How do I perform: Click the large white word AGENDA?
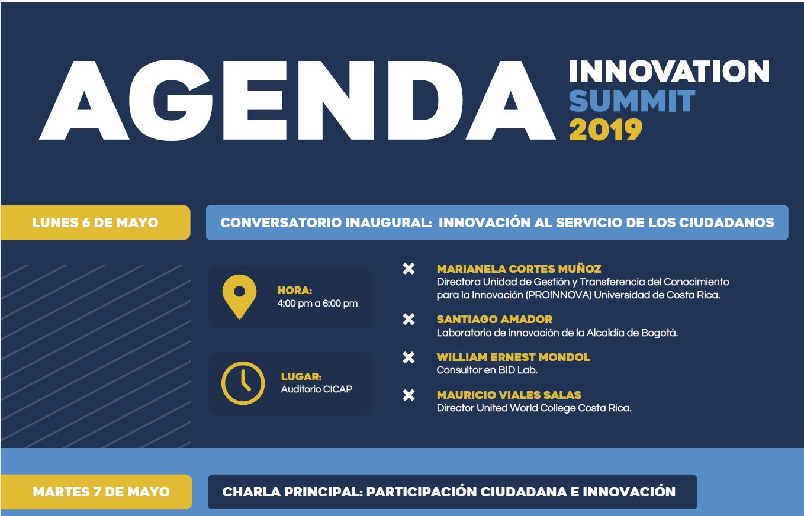pos(297,100)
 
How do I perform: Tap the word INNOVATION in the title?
pos(669,72)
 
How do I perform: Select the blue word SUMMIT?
pos(632,101)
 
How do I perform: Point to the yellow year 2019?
pos(606,130)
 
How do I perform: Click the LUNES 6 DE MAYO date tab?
pos(95,222)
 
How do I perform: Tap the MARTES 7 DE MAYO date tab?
pos(96,492)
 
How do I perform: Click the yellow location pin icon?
pos(239,296)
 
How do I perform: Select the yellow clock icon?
pos(243,383)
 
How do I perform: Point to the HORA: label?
pos(295,291)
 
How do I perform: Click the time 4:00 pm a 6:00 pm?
pos(317,304)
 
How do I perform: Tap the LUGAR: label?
pos(301,376)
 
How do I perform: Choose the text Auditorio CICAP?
pos(317,389)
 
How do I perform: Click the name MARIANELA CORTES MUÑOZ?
pos(519,269)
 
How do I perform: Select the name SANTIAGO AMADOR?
pos(494,319)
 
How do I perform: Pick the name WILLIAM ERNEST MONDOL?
pos(513,357)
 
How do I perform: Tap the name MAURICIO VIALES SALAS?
pos(509,395)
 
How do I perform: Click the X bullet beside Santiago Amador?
pos(409,319)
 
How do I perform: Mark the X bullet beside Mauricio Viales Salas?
pos(409,395)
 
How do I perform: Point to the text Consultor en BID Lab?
pos(487,370)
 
